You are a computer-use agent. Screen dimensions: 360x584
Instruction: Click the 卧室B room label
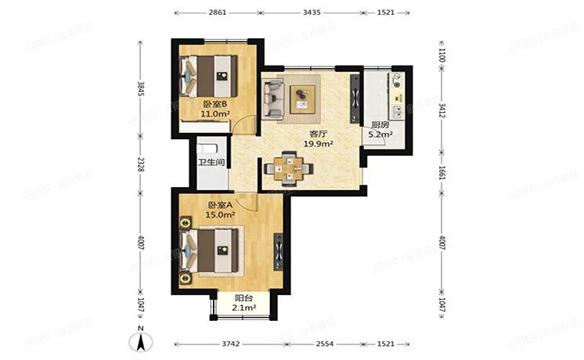214,104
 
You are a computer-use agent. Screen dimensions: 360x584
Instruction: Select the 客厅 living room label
319,134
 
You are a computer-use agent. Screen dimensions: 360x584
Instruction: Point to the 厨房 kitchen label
380,124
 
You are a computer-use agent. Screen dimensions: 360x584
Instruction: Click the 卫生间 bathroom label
211,163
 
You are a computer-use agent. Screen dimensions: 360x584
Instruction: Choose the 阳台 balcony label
244,298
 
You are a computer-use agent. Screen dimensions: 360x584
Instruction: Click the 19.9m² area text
319,144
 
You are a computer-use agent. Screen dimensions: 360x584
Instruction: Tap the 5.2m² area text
380,135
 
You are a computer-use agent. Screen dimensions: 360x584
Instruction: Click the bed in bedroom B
210,74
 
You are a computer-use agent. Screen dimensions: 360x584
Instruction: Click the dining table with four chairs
290,167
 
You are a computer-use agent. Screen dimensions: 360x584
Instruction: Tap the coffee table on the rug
301,98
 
